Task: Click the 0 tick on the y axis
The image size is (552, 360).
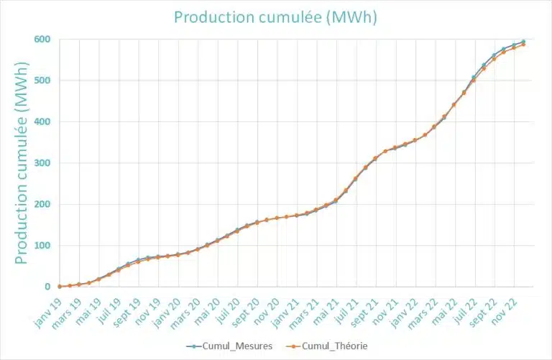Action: tap(47, 287)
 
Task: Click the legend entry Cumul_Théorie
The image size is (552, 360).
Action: tap(327, 346)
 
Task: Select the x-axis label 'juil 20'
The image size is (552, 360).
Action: tap(226, 305)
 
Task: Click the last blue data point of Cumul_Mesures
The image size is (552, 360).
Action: tap(523, 42)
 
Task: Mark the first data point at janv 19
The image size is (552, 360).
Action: tap(60, 286)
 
